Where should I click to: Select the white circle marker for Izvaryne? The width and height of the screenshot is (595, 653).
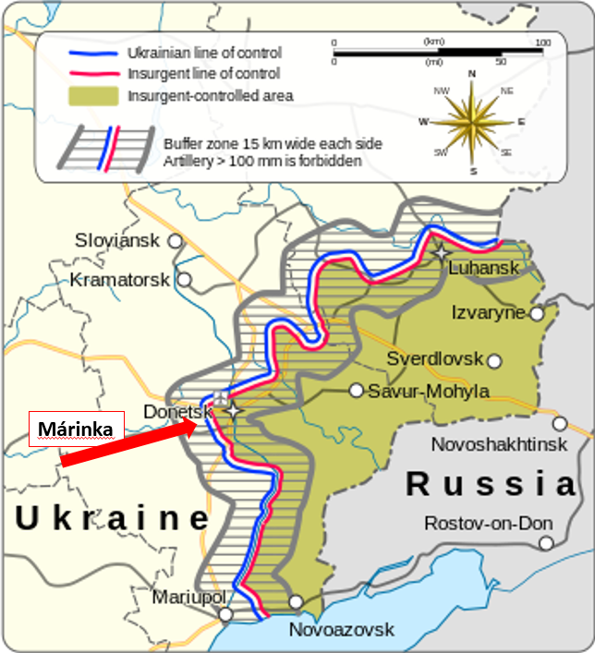[x=537, y=313]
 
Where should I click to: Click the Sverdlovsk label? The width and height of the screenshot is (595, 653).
[x=435, y=359]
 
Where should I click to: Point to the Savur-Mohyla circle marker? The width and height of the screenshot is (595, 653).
[x=356, y=391]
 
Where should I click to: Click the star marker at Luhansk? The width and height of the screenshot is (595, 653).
[x=443, y=252]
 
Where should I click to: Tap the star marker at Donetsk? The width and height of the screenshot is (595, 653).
[x=235, y=409]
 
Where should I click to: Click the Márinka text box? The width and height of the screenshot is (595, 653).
[x=76, y=429]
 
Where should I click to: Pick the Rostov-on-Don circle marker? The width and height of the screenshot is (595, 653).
[x=547, y=543]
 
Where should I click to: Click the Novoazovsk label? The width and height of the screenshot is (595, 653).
[x=341, y=630]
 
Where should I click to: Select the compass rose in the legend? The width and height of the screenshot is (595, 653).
[x=472, y=121]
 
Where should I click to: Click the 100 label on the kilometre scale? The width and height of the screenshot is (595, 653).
[x=542, y=42]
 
